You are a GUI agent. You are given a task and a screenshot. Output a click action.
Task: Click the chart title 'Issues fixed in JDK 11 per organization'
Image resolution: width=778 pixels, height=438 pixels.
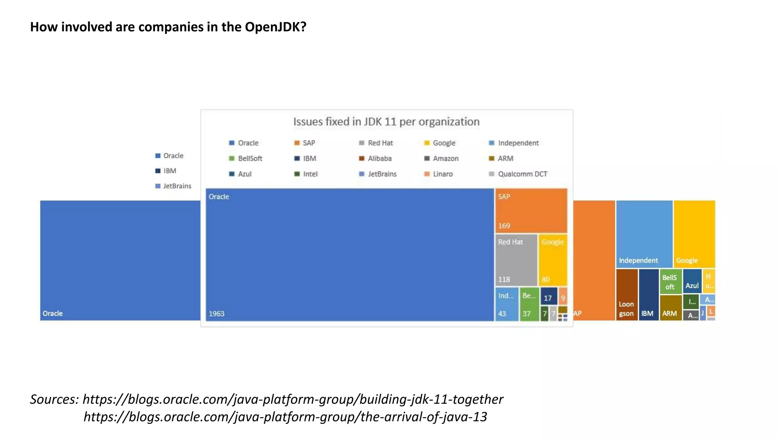[386, 122]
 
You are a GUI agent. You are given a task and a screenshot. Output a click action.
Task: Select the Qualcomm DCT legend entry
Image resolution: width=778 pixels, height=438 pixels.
[522, 174]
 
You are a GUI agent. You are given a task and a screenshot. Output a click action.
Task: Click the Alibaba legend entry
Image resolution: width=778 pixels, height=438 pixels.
[379, 159]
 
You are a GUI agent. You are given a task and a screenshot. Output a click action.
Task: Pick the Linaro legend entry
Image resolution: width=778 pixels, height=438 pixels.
[442, 174]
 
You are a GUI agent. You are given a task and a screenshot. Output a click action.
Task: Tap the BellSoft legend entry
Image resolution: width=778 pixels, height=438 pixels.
[250, 159]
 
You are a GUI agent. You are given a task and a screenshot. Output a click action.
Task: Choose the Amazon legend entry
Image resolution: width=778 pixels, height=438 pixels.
[445, 159]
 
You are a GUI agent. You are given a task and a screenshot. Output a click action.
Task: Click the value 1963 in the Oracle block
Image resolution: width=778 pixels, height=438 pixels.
[217, 314]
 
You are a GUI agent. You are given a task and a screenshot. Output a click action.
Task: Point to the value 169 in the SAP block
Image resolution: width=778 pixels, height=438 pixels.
[504, 226]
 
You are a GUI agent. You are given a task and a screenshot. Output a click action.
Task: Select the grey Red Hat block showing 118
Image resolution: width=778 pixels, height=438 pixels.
[516, 260]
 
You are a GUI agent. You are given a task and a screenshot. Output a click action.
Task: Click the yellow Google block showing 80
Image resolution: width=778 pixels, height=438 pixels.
[553, 260]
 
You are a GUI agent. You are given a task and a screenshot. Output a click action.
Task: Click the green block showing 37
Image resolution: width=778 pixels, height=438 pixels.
[529, 304]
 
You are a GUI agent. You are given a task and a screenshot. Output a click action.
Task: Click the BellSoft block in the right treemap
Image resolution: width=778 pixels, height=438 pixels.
[670, 282]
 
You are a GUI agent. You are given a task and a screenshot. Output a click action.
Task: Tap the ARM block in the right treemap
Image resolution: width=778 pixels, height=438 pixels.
[670, 308]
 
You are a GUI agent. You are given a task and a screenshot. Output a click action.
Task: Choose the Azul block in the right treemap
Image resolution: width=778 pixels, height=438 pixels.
[692, 281]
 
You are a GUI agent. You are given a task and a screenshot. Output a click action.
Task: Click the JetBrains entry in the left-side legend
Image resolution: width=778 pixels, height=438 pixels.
[177, 186]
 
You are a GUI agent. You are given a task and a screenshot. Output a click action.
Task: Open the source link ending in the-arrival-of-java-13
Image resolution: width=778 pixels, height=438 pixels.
[285, 417]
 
